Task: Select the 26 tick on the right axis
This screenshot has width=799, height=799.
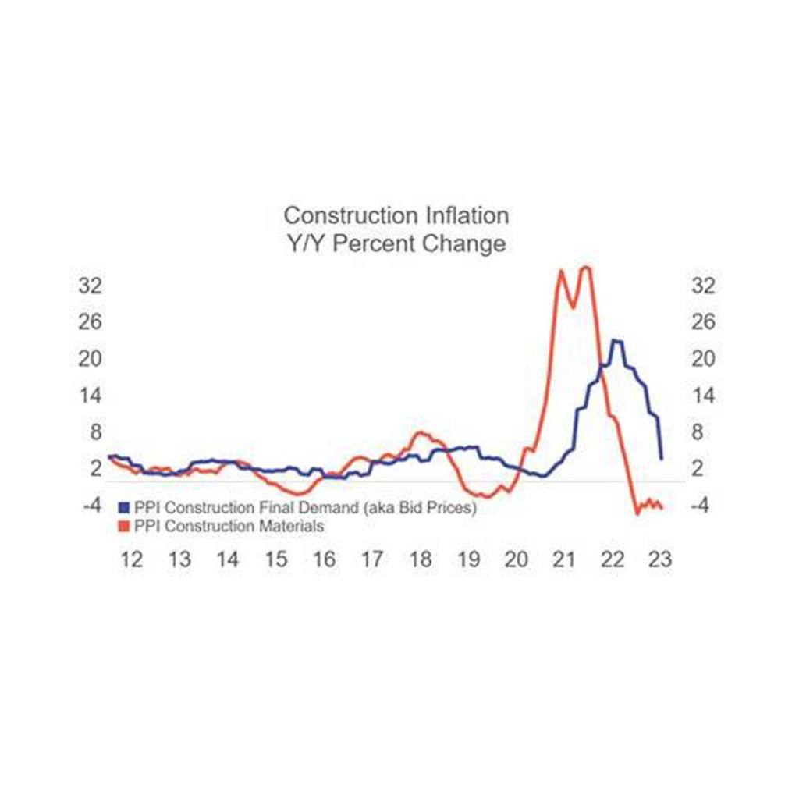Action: [x=703, y=322]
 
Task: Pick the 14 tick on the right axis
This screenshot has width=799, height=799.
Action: [x=703, y=396]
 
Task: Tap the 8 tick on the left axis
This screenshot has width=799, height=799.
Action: [x=97, y=431]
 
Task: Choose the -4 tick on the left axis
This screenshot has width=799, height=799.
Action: [x=92, y=505]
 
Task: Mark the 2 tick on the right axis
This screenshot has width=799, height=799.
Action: [x=708, y=468]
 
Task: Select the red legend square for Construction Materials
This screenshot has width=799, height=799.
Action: [x=124, y=526]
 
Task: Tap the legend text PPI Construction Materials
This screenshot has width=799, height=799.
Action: [x=229, y=526]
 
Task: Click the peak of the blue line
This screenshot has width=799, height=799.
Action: [x=616, y=340]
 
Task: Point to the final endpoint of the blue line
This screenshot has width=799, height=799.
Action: [x=662, y=458]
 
